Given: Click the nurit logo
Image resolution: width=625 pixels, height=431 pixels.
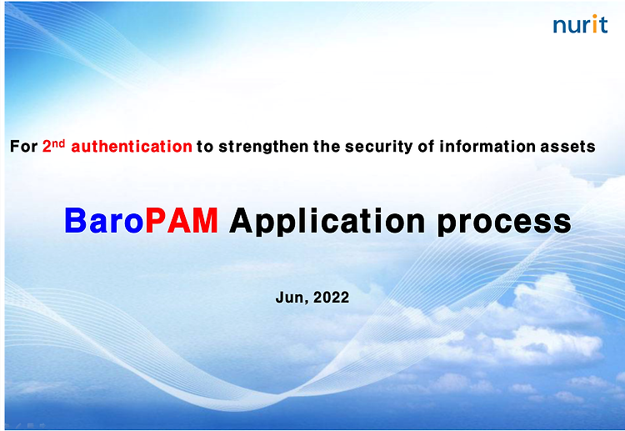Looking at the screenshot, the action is (x=580, y=24).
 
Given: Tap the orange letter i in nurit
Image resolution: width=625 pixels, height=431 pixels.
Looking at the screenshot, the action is (x=594, y=24).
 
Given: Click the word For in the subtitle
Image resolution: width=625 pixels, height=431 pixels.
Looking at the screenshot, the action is (x=23, y=147).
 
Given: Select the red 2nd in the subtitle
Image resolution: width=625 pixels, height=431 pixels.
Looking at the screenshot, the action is (x=54, y=146).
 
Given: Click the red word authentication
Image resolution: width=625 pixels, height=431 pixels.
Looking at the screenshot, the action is (x=132, y=147).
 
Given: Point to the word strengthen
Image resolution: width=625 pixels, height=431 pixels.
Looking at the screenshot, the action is (x=263, y=147).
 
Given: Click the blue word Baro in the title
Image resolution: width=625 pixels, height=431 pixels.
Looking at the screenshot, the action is (x=104, y=220).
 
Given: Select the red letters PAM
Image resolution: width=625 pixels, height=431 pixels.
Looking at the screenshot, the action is (x=182, y=220).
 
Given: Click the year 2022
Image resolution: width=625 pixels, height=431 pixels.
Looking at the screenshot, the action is (x=331, y=298).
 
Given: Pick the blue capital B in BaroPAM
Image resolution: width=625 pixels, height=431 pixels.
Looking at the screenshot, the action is (x=76, y=220).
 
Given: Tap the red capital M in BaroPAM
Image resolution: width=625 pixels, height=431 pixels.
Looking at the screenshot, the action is (x=205, y=220).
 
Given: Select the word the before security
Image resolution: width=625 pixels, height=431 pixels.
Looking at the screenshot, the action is (x=327, y=147).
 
